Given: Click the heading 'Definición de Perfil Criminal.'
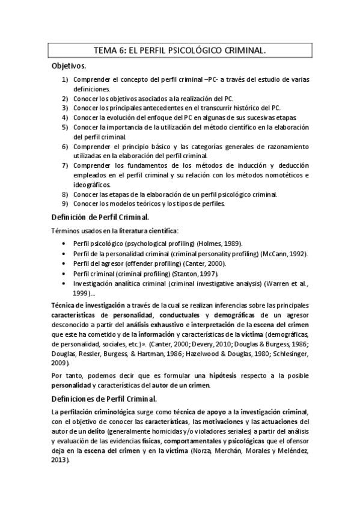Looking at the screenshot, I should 100,217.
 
